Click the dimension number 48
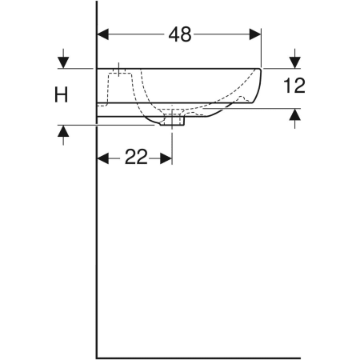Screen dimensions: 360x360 [180, 34]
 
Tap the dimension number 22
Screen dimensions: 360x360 [136, 157]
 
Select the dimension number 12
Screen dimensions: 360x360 [294, 86]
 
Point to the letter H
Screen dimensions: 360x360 [62, 94]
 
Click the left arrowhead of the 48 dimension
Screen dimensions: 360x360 [103, 34]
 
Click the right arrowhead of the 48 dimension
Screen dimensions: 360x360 [255, 34]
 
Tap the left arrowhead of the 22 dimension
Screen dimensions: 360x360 [103, 158]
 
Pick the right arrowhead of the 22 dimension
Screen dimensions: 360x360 [166, 158]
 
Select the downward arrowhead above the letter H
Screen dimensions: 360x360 [63, 62]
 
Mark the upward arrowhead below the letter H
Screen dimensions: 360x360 [63, 131]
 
